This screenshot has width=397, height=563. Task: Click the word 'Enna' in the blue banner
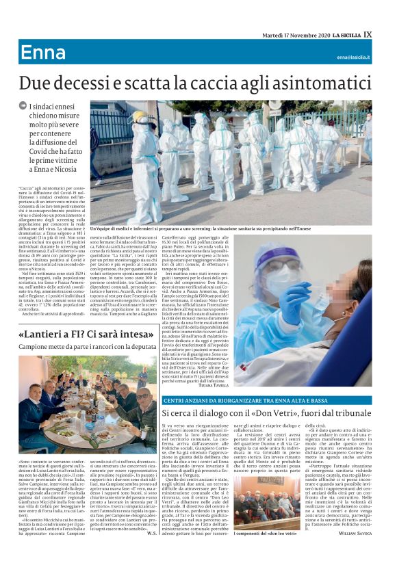tap(43, 53)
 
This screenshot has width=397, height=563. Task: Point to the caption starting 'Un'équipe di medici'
tap(225, 228)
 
